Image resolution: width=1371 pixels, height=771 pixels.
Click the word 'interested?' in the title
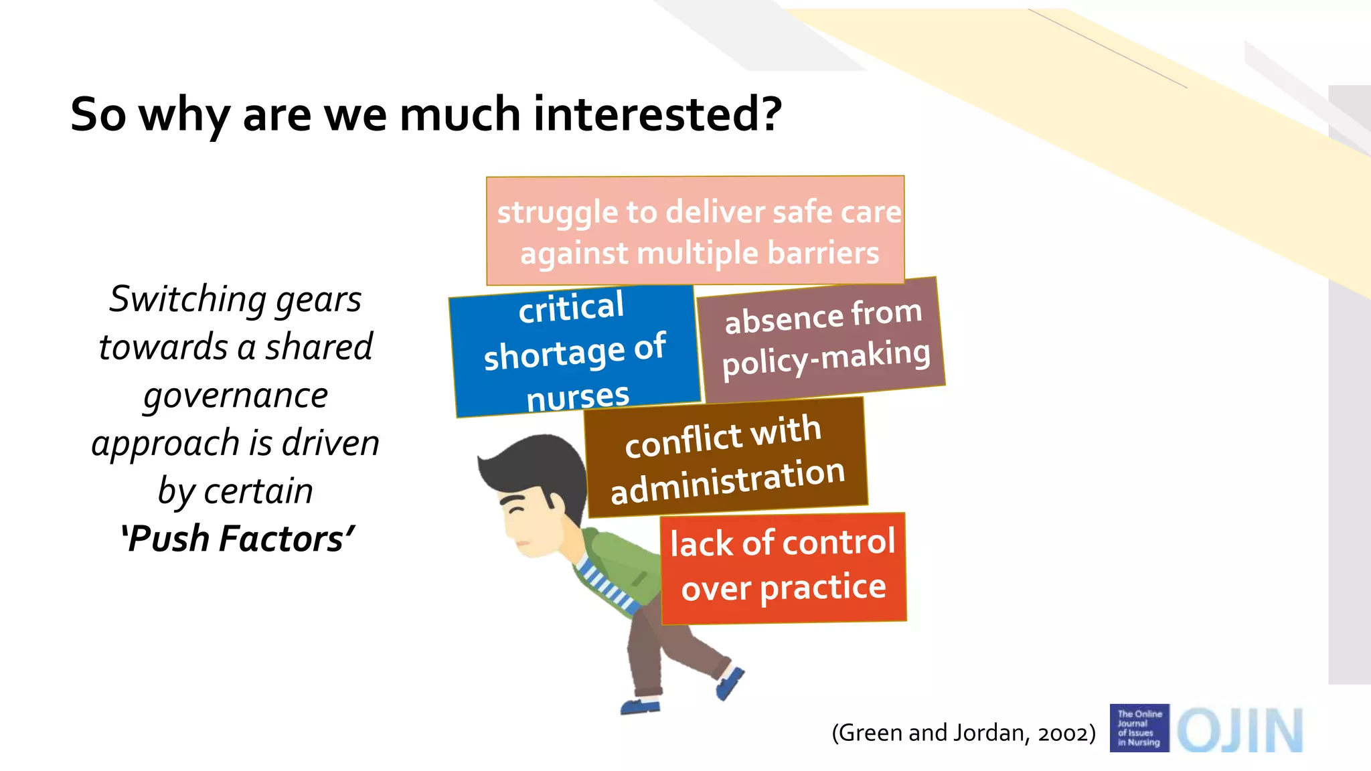(x=657, y=114)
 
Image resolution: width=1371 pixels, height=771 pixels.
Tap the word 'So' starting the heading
(x=98, y=114)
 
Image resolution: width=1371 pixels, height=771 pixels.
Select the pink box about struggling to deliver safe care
(x=696, y=231)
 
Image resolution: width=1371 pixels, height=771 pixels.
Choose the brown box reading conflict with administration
(x=726, y=458)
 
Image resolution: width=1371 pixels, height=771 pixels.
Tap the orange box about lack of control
(x=783, y=568)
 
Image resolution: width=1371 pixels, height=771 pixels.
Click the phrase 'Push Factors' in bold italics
(x=237, y=539)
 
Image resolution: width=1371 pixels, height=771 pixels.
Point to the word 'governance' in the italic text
(x=236, y=395)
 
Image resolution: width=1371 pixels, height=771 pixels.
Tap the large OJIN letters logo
(x=1240, y=730)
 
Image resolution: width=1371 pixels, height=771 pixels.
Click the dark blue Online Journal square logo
(x=1139, y=728)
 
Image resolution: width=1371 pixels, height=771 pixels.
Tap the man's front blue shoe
(x=640, y=705)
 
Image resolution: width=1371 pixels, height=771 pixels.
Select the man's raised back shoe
(x=730, y=683)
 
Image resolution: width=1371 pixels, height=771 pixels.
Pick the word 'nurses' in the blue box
(x=577, y=397)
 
